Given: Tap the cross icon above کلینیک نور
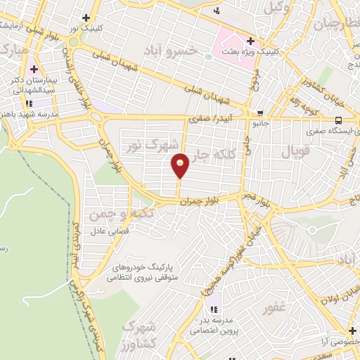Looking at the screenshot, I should pyautogui.click(x=86, y=18).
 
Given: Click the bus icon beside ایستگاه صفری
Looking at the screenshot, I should pyautogui.click(x=339, y=120).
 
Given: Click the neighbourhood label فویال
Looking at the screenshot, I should pyautogui.click(x=295, y=152).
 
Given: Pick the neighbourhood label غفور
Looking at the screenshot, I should pyautogui.click(x=274, y=309).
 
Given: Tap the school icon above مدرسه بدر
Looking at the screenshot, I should pyautogui.click(x=214, y=309).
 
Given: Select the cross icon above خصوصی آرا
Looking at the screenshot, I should pyautogui.click(x=351, y=330).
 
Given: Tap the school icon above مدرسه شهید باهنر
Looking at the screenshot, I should pyautogui.click(x=28, y=103).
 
